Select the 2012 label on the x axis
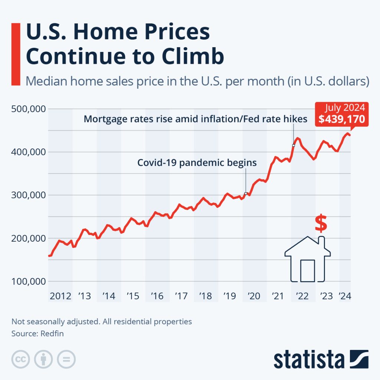click(60, 296)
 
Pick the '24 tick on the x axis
click(345, 296)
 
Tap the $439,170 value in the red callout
click(341, 119)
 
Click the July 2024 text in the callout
click(345, 108)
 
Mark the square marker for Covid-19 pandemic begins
click(246, 193)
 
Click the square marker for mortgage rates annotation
click(294, 145)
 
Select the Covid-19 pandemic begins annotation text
click(197, 163)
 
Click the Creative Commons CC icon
click(20, 359)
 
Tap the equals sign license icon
click(66, 359)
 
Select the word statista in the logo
click(309, 360)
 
